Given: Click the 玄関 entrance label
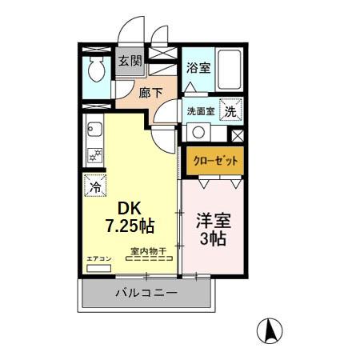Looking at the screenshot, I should [x=130, y=61].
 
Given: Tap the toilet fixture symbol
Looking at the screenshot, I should [x=96, y=70].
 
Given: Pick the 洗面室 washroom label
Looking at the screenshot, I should [x=201, y=111].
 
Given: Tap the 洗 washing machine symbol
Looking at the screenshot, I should [x=230, y=111].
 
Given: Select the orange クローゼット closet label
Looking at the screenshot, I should [x=214, y=161].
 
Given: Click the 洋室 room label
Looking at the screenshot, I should [x=211, y=218].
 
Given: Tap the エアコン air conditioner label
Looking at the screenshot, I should [x=98, y=259].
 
